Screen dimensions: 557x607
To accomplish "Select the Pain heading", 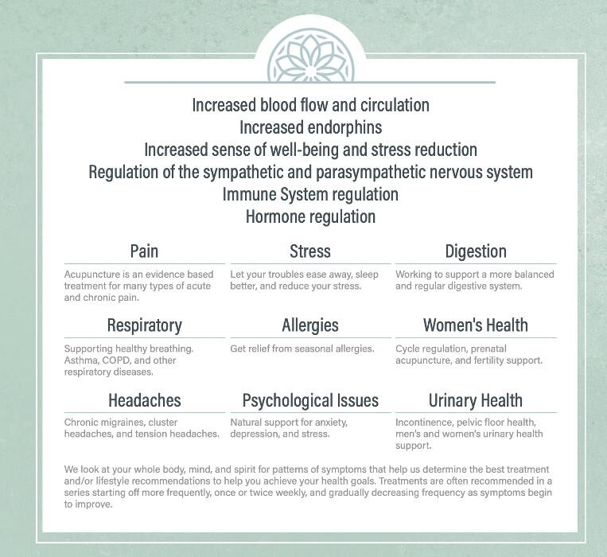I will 144,251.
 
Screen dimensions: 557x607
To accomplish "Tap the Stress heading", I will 310,251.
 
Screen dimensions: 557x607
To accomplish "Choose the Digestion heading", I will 476,251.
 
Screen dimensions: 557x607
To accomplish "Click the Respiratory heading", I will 144,325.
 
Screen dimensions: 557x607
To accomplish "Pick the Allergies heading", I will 310,325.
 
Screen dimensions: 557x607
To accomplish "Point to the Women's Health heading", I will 476,325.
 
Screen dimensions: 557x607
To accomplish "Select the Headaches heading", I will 144,399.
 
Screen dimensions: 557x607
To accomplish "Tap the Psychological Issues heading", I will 310,399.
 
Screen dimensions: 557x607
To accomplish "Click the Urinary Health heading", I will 476,399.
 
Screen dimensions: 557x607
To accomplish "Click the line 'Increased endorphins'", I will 310,127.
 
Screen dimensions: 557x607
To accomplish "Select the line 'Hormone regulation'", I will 310,216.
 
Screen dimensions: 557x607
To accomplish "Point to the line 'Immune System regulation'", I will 310,194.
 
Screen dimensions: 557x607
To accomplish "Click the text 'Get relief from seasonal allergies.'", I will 302,349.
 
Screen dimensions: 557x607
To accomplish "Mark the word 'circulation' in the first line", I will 390,105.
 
